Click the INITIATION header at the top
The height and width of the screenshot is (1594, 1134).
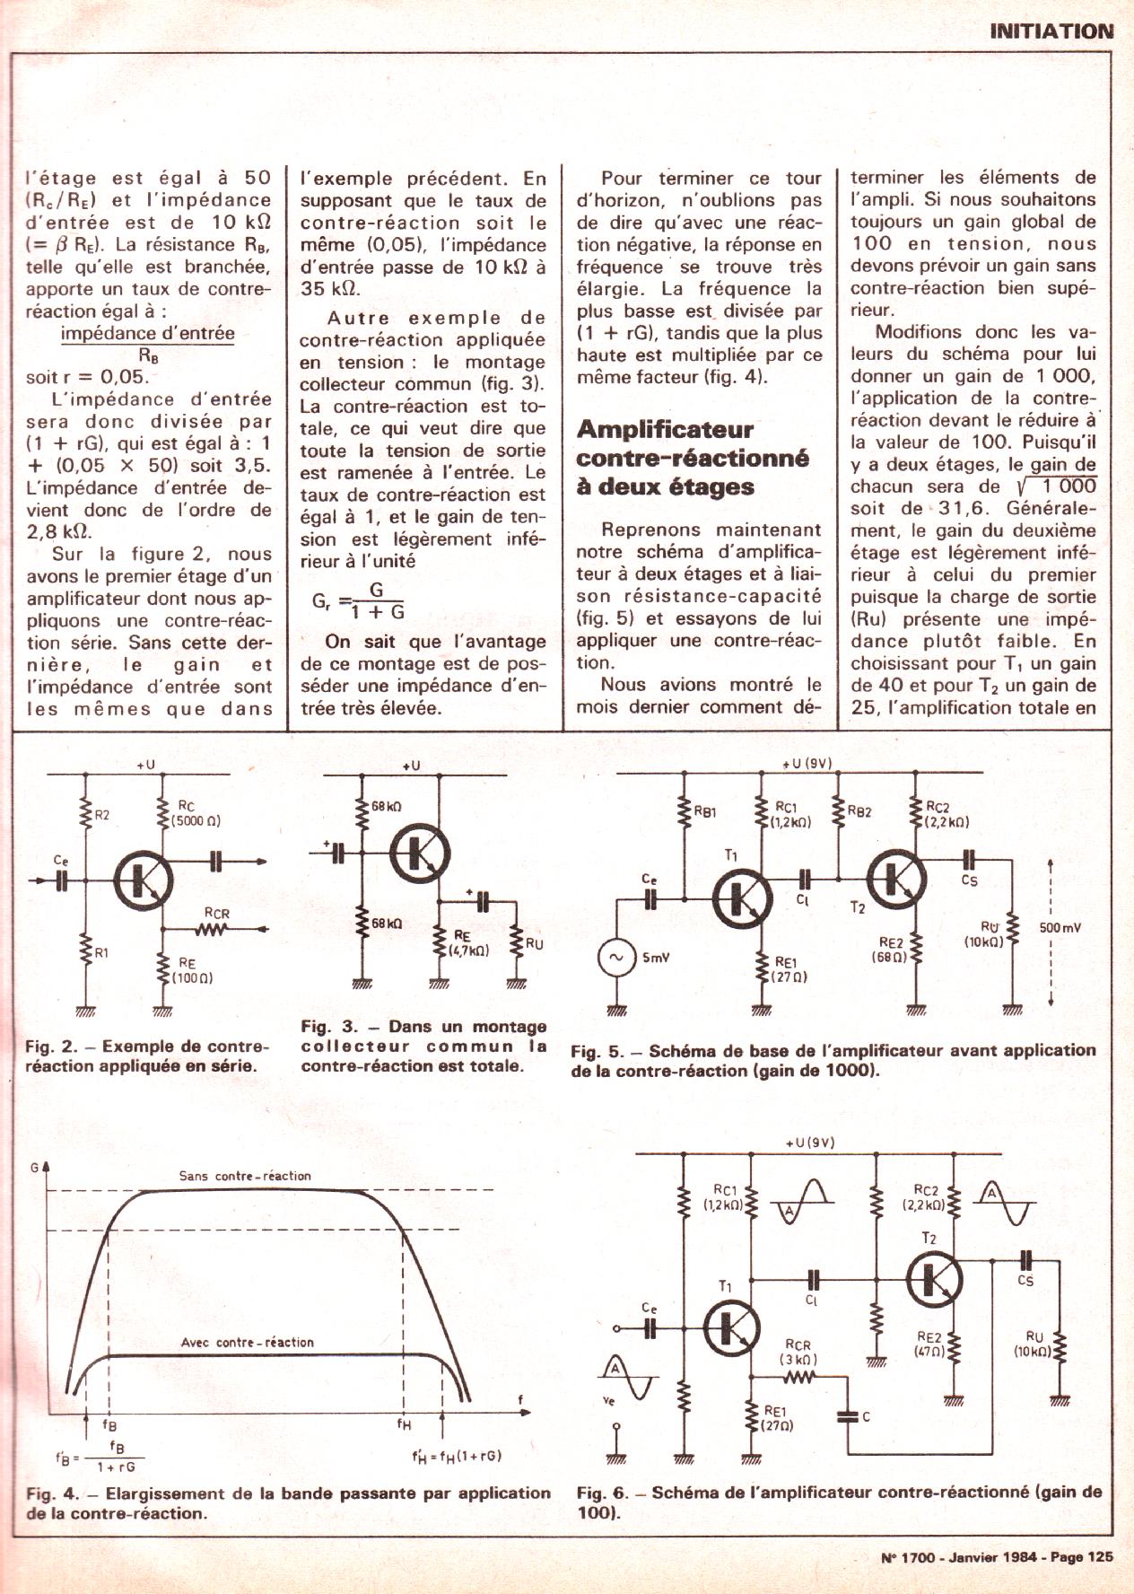[x=1051, y=31]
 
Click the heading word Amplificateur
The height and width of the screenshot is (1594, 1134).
[x=665, y=429]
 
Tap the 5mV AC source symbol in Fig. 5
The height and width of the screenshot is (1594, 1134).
[x=616, y=958]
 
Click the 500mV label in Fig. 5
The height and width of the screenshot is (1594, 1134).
[x=1060, y=927]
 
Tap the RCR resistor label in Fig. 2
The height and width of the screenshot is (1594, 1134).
[x=216, y=914]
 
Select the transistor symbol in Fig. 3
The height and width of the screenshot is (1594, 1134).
[x=419, y=855]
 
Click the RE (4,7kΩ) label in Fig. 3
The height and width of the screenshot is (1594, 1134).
[x=467, y=942]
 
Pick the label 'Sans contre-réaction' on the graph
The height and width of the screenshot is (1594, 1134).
[x=245, y=1175]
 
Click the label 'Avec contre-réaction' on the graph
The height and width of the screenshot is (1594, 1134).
[x=248, y=1342]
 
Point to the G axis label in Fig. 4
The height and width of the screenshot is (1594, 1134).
[x=34, y=1168]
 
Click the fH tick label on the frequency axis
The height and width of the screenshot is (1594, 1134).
[x=405, y=1423]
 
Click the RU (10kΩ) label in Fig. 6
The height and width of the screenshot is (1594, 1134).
[x=1034, y=1344]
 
